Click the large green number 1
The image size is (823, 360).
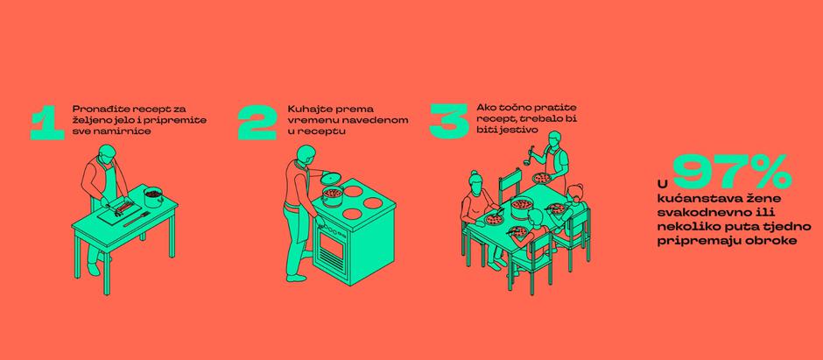point(47,124)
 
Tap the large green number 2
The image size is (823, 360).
point(257,123)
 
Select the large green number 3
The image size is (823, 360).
point(449,121)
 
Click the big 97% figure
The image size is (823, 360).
point(733,172)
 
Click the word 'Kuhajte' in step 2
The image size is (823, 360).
point(304,109)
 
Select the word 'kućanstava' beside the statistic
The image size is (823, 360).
point(685,200)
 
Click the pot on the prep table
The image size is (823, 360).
point(153,197)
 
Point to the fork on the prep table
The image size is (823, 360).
point(137,219)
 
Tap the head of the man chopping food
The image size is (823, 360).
point(107,152)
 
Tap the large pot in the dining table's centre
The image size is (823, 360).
point(522,208)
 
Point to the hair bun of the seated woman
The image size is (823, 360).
point(474,173)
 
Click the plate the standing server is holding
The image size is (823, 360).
point(542,178)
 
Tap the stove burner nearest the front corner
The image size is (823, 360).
point(352,214)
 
